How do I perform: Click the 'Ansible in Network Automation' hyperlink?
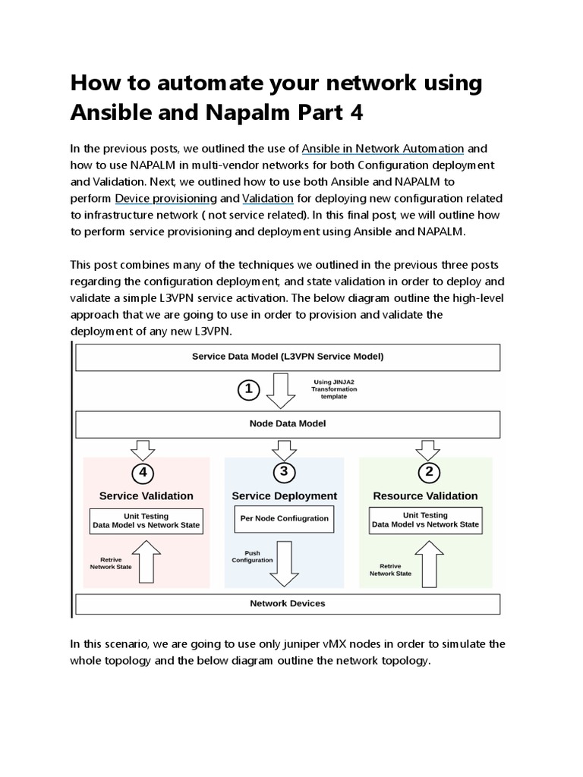[x=383, y=147]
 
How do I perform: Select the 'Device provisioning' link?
[x=166, y=198]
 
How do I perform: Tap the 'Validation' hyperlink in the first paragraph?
[x=268, y=198]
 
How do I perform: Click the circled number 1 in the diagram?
[x=249, y=391]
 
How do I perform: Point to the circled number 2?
[x=430, y=472]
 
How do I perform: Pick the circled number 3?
[x=285, y=472]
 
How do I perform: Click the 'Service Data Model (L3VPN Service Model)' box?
[x=287, y=356]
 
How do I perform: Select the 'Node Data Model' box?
[x=287, y=423]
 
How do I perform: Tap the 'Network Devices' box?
[x=287, y=603]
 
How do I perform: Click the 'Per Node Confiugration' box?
[x=284, y=518]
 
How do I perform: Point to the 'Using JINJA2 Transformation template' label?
[x=335, y=389]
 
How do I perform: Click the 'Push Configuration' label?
[x=252, y=556]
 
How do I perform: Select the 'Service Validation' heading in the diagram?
[x=146, y=495]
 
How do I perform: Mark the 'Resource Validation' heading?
[x=425, y=495]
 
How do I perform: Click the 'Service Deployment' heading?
[x=284, y=495]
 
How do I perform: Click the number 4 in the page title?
[x=356, y=112]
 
